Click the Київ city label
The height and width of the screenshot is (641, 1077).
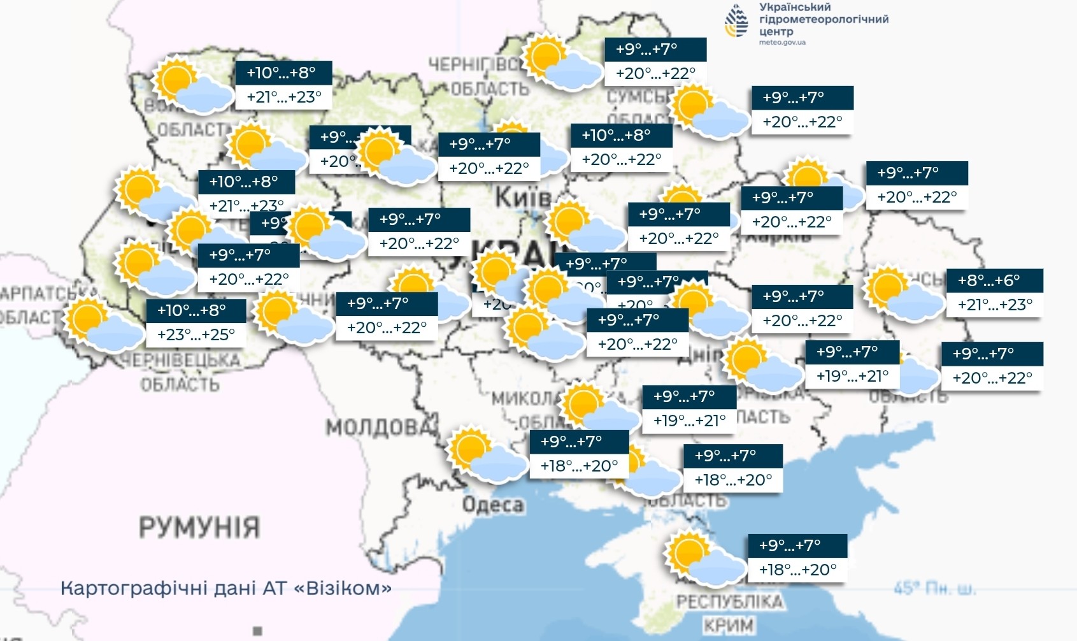click(522, 198)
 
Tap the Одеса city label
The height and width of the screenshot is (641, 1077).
click(493, 505)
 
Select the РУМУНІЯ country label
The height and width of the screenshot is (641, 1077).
click(199, 528)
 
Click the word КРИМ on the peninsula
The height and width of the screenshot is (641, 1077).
click(729, 625)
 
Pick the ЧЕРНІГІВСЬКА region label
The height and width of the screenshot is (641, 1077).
click(474, 65)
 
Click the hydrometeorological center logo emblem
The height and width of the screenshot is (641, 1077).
click(738, 21)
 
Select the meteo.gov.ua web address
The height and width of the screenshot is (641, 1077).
click(782, 43)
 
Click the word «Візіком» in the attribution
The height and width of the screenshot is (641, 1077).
click(343, 587)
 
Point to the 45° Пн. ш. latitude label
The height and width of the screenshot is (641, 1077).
click(934, 589)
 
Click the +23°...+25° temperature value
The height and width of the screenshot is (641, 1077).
click(196, 335)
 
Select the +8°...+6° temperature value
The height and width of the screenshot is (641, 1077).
click(989, 280)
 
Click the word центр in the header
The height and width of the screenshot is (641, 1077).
click(776, 31)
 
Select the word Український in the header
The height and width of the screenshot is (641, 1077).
click(795, 7)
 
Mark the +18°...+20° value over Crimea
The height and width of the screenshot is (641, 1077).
click(797, 570)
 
